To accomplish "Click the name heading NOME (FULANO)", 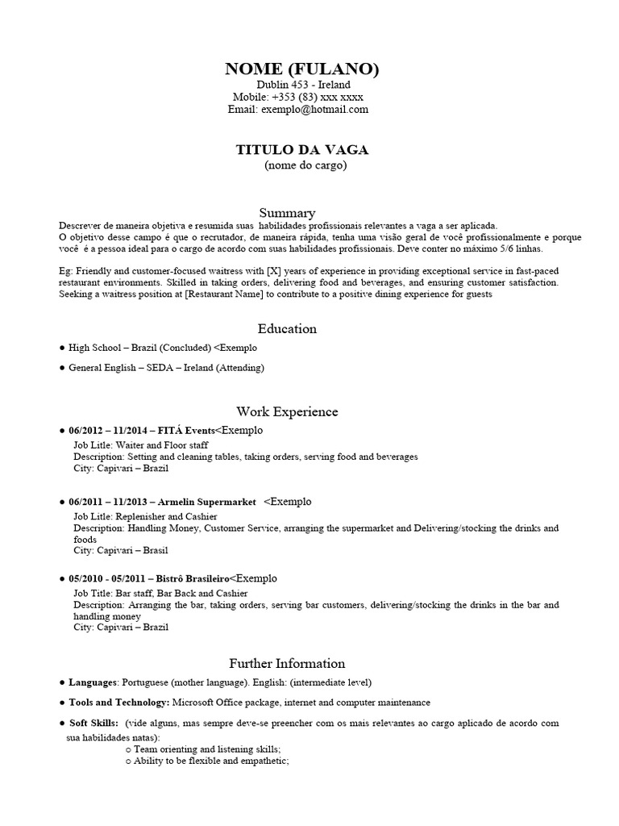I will click(302, 69).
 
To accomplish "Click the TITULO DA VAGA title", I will click(302, 150).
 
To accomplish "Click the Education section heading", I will click(287, 329).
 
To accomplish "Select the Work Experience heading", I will click(287, 411).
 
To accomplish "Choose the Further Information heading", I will click(287, 664).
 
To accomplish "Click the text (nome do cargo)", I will click(305, 166).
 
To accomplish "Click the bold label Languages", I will click(93, 682).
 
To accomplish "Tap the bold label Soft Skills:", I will click(94, 724).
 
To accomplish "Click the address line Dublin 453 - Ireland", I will click(303, 85).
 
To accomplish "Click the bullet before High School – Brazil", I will click(62, 348).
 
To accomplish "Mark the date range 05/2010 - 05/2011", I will click(106, 579).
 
